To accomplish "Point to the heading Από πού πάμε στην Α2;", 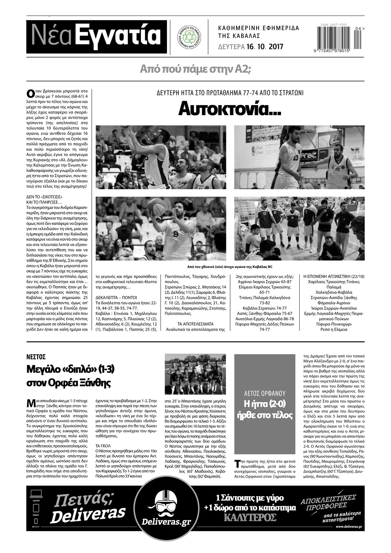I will pyautogui.click(x=195, y=69).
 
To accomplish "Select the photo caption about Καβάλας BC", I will pyautogui.click(x=230, y=266).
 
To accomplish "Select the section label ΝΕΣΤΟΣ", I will pyautogui.click(x=36, y=357).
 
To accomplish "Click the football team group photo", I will pyautogui.click(x=195, y=374).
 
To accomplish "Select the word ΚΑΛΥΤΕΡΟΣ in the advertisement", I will pyautogui.click(x=250, y=517).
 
